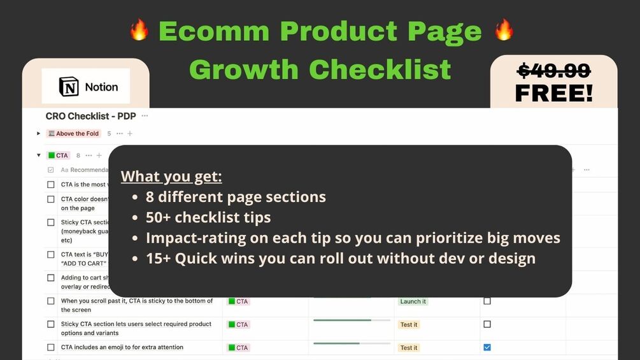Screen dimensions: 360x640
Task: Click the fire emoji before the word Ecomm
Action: point(139,30)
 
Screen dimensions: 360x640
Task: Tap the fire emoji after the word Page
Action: point(504,30)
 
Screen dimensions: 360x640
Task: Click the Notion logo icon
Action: point(69,87)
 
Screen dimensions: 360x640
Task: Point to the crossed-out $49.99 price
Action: point(553,70)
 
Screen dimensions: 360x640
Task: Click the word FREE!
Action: point(553,93)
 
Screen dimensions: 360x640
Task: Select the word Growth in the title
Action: point(244,69)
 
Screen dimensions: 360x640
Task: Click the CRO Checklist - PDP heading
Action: point(92,116)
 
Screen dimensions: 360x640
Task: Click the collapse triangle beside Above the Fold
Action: point(39,134)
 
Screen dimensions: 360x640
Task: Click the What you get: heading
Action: point(171,176)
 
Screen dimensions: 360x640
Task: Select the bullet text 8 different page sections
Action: point(236,197)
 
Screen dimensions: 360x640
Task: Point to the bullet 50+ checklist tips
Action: point(208,217)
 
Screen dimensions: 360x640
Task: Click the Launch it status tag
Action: point(413,301)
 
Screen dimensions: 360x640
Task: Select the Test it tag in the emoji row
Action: point(409,348)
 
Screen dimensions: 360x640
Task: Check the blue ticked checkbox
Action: point(487,347)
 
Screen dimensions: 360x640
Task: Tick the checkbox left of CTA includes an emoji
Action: point(51,347)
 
